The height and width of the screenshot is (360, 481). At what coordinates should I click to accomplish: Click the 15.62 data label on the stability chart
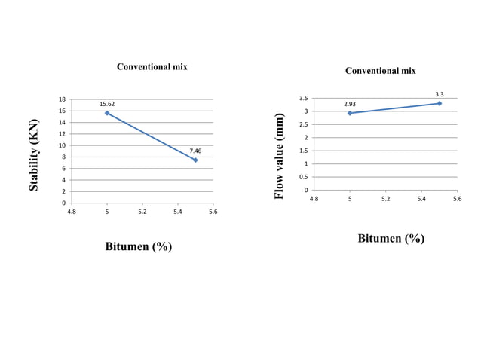(x=107, y=103)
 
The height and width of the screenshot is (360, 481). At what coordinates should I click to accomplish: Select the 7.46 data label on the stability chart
(x=195, y=151)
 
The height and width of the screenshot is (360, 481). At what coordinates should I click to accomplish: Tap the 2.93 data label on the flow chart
(x=350, y=104)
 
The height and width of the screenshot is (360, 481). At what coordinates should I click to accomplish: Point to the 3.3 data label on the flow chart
(x=439, y=94)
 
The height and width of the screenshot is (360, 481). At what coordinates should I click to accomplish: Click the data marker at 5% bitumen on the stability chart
(x=107, y=113)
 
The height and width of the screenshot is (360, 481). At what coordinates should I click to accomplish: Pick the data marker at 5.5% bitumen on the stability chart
(x=195, y=160)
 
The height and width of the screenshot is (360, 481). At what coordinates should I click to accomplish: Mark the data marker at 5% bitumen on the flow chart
(x=350, y=113)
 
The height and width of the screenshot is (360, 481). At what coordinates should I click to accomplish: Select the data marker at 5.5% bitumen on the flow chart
(x=439, y=103)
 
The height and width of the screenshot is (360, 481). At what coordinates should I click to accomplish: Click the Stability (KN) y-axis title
(x=34, y=154)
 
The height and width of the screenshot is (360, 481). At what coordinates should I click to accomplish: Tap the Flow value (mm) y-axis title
(x=279, y=156)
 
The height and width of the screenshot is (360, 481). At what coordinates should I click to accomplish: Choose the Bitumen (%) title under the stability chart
(x=138, y=247)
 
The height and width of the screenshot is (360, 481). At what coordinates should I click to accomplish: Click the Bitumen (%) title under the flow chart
(x=391, y=238)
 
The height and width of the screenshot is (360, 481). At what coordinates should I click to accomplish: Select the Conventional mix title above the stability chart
(x=152, y=67)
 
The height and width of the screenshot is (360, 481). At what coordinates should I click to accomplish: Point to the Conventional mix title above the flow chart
(x=380, y=71)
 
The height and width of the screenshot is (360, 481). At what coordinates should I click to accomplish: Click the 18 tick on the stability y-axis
(x=63, y=99)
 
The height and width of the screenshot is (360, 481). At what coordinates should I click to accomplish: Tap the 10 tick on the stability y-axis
(x=63, y=145)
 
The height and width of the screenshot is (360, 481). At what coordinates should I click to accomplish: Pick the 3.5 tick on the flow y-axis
(x=302, y=99)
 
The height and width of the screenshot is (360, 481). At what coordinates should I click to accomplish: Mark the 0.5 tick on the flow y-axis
(x=302, y=177)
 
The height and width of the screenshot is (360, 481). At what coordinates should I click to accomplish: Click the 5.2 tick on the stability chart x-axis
(x=142, y=212)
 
